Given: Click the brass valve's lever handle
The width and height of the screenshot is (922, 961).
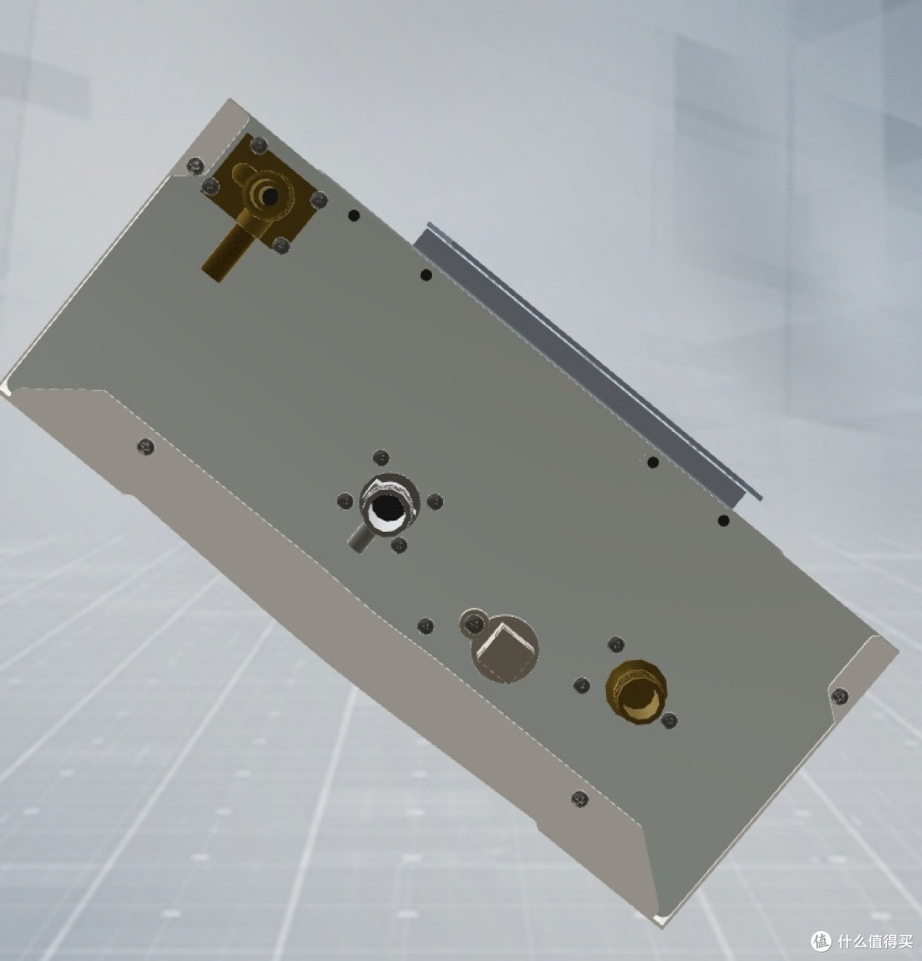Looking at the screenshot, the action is pyautogui.click(x=225, y=253).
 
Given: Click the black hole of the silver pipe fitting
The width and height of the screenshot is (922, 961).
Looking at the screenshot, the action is pyautogui.click(x=385, y=508).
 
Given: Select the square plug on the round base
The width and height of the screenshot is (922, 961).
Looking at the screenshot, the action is pyautogui.click(x=503, y=650).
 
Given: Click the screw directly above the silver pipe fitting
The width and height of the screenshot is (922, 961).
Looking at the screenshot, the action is pyautogui.click(x=381, y=457).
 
